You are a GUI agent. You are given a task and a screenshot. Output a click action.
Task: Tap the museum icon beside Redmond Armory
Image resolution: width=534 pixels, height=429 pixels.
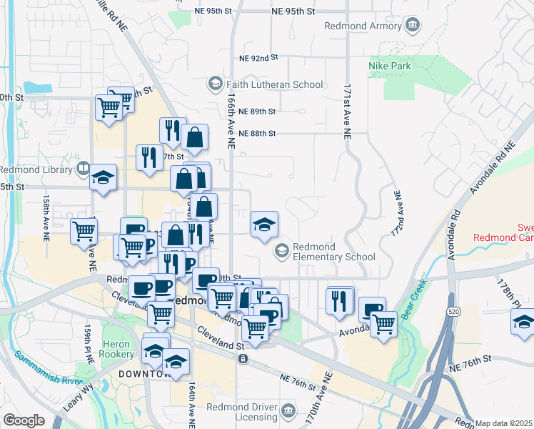coord(412,26)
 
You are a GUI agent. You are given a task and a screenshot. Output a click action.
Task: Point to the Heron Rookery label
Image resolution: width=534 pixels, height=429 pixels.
coord(117,349)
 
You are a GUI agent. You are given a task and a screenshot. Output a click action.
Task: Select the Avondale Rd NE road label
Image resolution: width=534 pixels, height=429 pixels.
coord(492,169)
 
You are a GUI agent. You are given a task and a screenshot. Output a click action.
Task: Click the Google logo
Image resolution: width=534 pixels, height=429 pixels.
coord(24,420)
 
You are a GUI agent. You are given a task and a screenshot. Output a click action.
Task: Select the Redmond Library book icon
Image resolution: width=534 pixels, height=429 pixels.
coord(83,170)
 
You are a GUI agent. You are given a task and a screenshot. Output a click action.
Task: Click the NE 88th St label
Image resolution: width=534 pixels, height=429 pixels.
coord(258,133)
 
